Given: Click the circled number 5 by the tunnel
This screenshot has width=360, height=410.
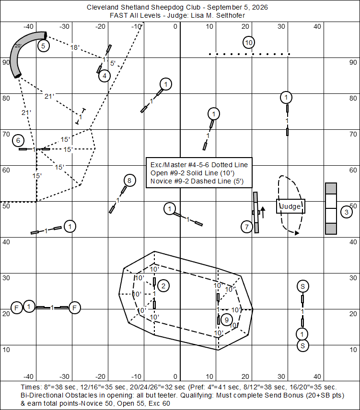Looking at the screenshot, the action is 44,46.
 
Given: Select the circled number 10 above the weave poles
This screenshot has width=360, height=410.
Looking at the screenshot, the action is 249,43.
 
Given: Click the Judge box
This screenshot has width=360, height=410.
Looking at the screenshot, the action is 290,206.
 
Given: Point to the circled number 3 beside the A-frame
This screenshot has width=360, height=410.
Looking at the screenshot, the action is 347,212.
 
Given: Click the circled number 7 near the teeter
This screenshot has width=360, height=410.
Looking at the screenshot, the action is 247,227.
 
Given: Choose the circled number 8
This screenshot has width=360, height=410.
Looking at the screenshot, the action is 129,181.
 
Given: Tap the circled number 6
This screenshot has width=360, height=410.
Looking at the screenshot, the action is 18,141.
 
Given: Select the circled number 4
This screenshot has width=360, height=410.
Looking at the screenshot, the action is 105,76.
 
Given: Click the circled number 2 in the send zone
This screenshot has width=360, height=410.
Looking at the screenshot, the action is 163,286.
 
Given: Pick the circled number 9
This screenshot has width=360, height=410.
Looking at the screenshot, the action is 227,320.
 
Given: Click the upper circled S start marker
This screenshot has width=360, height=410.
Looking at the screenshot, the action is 302,286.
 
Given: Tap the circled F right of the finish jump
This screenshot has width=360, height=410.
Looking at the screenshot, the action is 75,308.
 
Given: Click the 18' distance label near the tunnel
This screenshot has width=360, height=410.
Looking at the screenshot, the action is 75,47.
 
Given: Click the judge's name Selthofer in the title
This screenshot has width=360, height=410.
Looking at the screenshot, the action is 231,15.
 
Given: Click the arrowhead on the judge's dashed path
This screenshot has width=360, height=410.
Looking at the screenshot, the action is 297,233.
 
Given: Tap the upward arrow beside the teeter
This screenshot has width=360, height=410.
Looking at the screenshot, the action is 263,212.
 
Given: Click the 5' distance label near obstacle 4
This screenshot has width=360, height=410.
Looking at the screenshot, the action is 113,63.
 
